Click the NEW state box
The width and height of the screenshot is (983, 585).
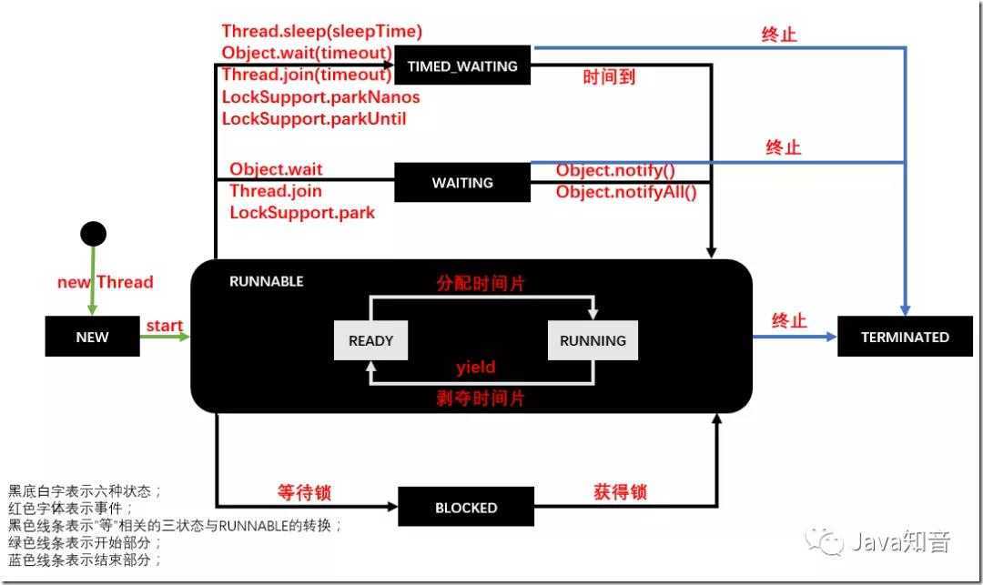coord(92,337)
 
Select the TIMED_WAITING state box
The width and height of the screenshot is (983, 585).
coord(462,66)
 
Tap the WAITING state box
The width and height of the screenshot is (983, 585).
coord(462,183)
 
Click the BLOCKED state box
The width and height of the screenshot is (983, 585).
coord(466,508)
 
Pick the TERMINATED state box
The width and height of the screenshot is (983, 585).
coord(905,337)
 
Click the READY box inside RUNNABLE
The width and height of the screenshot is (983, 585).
coord(370,340)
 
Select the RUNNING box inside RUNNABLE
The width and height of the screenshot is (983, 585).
coord(593,340)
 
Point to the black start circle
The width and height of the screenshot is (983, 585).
coord(93,234)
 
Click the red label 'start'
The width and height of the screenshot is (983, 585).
coord(164,326)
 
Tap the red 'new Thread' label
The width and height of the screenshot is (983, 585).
coord(106,282)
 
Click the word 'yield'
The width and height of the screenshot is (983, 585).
coord(475,368)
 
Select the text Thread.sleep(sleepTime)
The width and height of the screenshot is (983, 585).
coord(321,32)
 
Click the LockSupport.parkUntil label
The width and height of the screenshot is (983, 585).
coord(314,118)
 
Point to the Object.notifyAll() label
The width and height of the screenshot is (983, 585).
coord(626,191)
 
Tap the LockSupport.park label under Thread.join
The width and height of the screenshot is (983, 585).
coord(302,212)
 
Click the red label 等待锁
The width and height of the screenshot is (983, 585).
coord(304,492)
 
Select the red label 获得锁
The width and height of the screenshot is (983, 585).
coord(620,492)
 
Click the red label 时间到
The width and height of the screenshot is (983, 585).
coord(609,76)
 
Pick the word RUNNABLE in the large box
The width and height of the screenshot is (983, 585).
coord(266,281)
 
